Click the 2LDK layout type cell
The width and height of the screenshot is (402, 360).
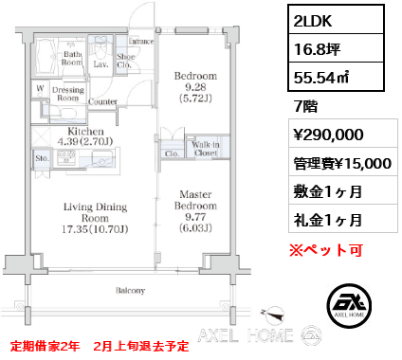point(336,20)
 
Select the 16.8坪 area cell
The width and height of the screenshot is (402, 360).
point(336,48)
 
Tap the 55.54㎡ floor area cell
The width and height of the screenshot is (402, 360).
point(336,77)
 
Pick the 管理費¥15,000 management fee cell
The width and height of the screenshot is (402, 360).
point(343,162)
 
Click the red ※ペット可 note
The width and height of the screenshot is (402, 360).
point(326,250)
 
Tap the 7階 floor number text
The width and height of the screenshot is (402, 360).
point(305,106)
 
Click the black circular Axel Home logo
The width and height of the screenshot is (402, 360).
point(349,305)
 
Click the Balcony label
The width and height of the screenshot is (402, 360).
point(130,291)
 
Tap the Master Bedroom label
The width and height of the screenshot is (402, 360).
point(195,200)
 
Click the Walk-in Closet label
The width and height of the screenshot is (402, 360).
point(206,149)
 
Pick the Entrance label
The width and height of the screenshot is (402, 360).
point(141,41)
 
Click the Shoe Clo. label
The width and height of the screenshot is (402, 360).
point(125,61)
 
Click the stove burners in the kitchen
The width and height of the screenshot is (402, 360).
point(66,157)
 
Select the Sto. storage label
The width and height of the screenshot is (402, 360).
point(42,158)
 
